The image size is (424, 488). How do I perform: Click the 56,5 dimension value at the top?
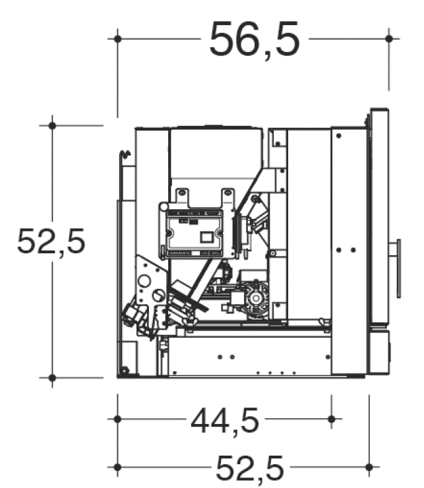[255, 39]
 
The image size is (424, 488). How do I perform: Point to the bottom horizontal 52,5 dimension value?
[250, 469]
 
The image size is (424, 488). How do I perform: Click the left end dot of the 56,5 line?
[117, 39]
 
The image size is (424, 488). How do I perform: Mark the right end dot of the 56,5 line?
[389, 39]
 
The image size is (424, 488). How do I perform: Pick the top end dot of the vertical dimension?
[51, 125]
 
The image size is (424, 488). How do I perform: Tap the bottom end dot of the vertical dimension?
[51, 378]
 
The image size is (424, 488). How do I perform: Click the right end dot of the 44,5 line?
[331, 419]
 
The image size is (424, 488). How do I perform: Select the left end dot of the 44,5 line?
[117, 419]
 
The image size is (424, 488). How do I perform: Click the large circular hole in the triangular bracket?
[143, 282]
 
